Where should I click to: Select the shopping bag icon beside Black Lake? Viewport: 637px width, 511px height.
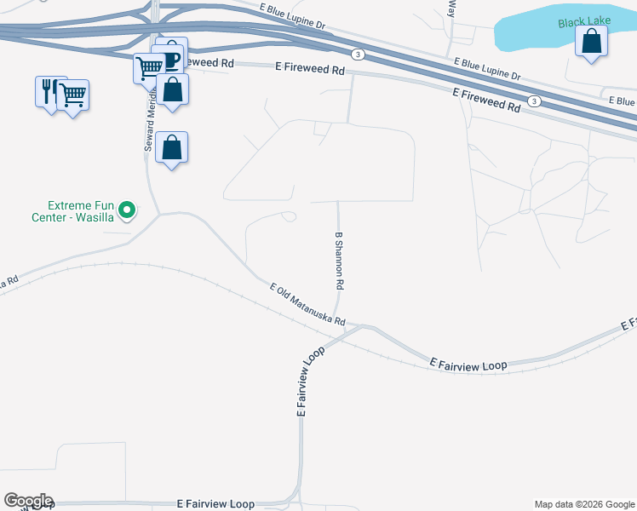coord(591,41)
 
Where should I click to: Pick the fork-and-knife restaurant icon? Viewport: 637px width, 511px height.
coord(48,91)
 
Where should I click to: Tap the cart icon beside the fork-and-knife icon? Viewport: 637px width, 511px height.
coord(73,95)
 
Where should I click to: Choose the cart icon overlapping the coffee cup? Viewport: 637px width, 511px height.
coord(149,67)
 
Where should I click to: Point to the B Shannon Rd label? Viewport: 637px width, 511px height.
coord(339,260)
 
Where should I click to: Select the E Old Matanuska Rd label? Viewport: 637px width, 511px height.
coord(307,304)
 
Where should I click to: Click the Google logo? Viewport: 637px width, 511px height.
coord(27,501)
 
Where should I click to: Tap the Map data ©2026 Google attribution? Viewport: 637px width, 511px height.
coord(584,504)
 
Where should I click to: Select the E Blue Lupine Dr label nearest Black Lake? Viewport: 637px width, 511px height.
coord(487,69)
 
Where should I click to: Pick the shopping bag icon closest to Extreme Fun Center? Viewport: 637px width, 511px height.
coord(172,148)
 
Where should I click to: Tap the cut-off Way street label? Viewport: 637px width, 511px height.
coord(452,9)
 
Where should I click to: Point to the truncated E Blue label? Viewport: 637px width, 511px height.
coord(622,101)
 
